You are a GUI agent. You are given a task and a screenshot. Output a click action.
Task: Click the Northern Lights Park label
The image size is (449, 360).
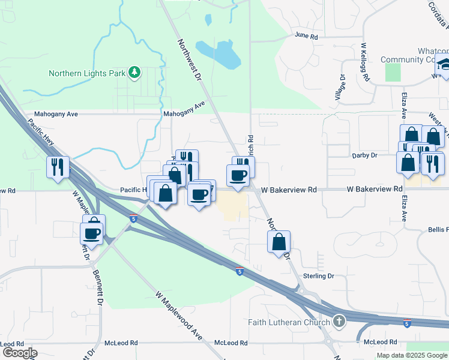[87, 74]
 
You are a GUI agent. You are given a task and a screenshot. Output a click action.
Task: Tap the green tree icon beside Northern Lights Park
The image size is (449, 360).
[134, 73]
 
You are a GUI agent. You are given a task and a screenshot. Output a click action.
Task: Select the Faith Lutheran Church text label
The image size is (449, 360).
[289, 322]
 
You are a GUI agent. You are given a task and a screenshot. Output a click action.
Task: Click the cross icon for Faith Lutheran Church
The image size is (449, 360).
[339, 322]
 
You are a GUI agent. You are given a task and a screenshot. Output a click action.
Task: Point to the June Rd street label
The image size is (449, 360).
[306, 36]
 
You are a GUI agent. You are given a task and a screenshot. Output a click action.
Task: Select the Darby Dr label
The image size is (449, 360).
[364, 155]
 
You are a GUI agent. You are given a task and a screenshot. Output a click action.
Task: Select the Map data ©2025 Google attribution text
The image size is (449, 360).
[411, 355]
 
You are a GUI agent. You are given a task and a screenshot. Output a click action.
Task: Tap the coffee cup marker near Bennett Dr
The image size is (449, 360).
[92, 232]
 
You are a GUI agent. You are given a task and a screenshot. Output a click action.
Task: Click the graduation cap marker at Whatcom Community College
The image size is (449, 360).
[443, 65]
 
